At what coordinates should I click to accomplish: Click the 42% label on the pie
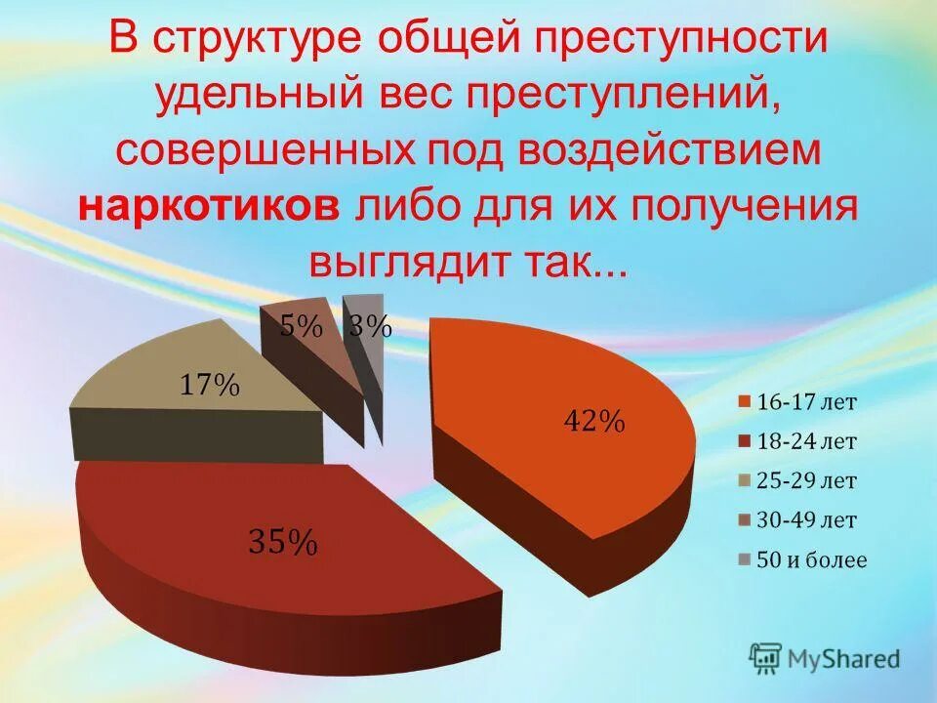click(593, 421)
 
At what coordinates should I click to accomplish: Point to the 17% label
click(209, 385)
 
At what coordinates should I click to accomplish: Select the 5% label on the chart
click(302, 327)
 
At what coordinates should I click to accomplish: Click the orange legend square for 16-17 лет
click(745, 401)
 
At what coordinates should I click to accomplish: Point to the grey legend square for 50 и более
click(745, 560)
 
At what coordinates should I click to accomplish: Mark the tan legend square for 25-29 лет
click(745, 481)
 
